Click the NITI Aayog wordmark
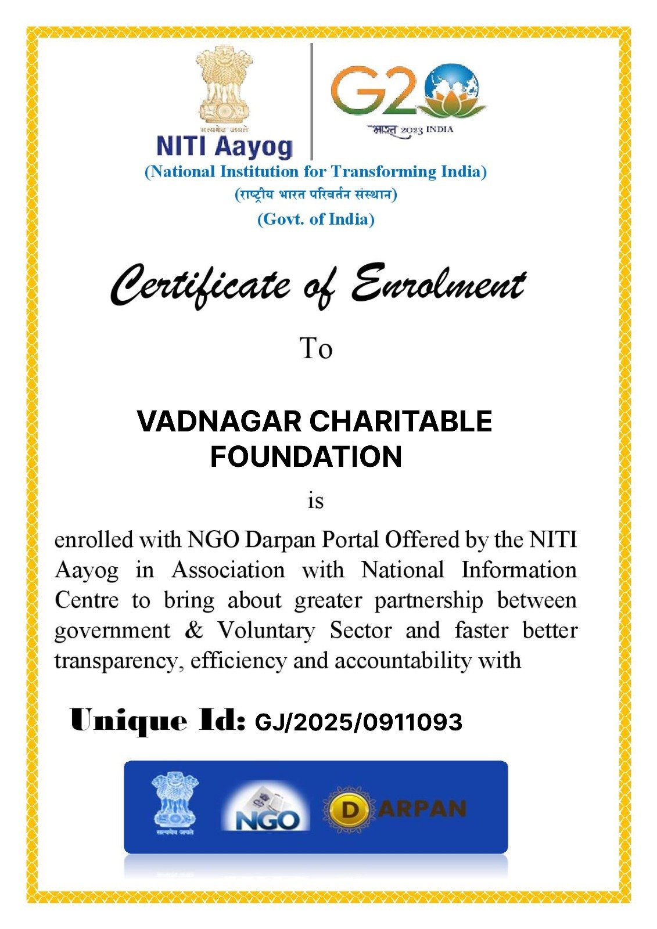click(224, 146)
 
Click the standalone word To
click(316, 348)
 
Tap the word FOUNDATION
click(306, 456)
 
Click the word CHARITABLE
click(401, 422)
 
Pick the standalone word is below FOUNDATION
click(315, 500)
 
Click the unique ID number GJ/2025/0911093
click(358, 722)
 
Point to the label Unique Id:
click(157, 721)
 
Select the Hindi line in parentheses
click(316, 194)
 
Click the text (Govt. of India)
click(316, 219)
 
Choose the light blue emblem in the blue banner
click(174, 802)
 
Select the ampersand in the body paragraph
click(193, 630)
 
